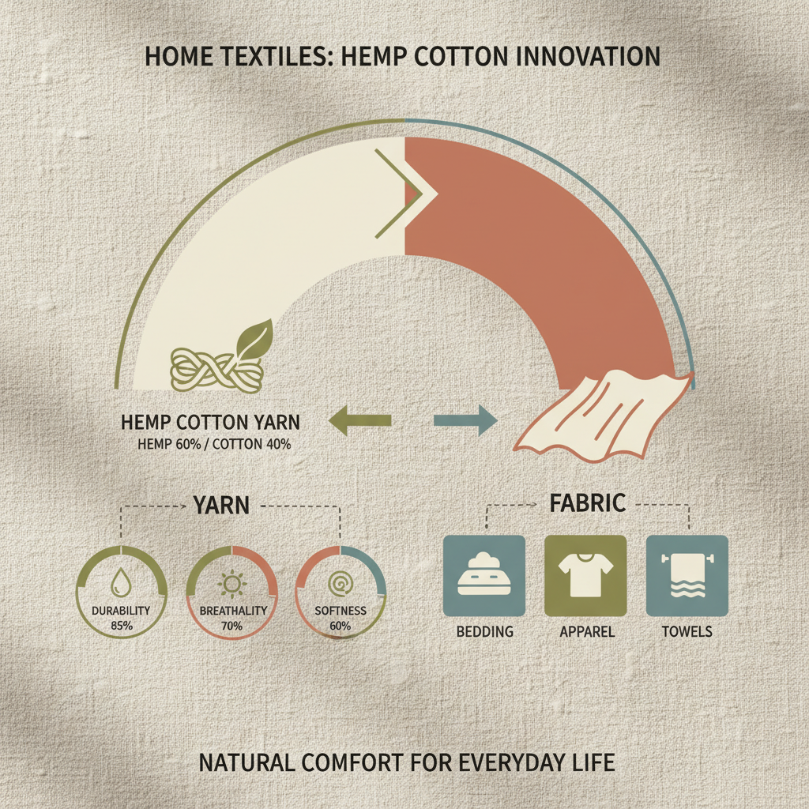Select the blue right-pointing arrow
coord(466,420)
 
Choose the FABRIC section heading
coord(588,502)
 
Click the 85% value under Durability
coord(121,625)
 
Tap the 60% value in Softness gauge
coord(341,626)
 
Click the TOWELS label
coord(687,632)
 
